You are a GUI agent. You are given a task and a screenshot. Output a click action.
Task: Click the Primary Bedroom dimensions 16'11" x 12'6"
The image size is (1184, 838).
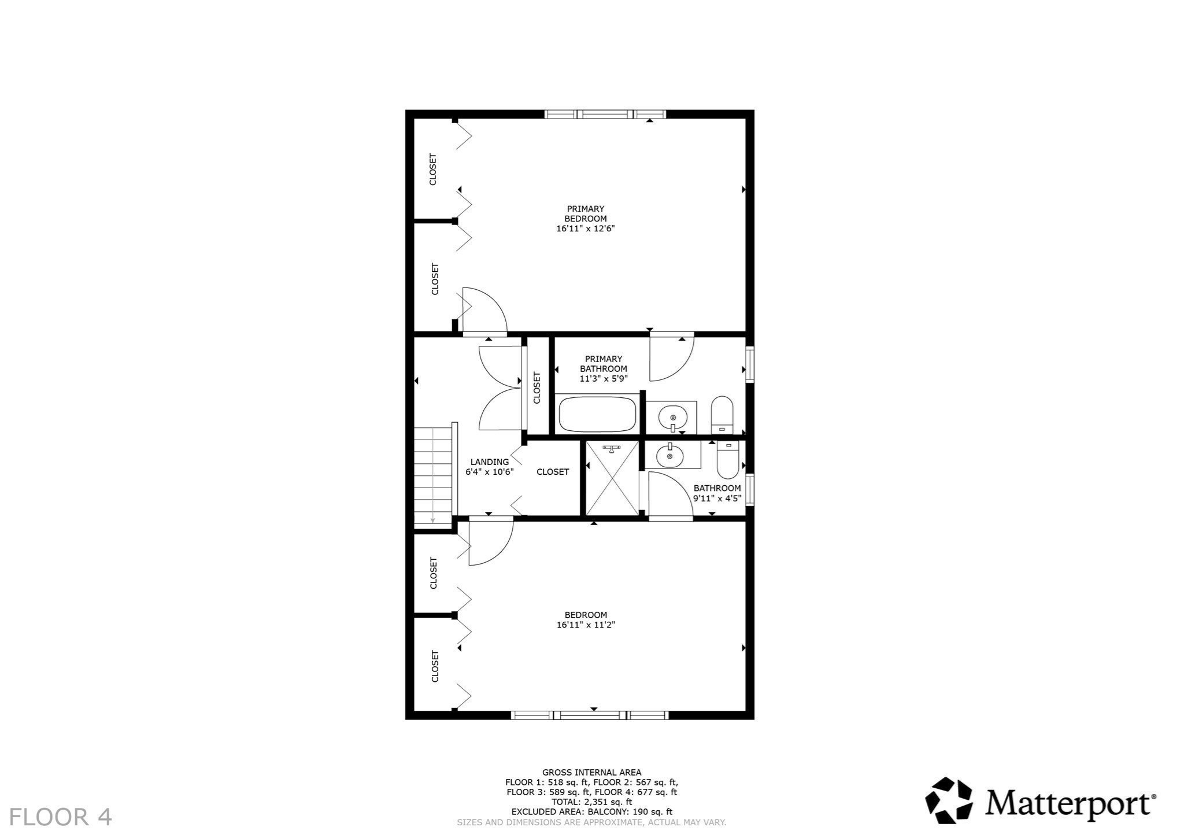585,228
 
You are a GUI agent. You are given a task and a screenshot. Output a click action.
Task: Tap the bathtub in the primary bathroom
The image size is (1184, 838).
597,414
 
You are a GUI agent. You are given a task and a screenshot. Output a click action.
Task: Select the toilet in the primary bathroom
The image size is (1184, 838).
721,415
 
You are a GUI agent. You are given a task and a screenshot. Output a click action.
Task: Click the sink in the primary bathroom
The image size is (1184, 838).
672,416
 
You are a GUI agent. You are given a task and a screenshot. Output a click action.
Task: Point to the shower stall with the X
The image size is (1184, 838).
612,478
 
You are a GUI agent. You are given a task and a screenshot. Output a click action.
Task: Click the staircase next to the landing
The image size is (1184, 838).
432,475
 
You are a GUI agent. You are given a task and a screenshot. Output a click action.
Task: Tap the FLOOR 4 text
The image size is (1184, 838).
60,817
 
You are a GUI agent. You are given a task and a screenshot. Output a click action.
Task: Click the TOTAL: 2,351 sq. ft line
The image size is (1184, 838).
591,802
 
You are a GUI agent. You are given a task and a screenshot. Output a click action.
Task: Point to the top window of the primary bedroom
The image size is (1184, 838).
605,114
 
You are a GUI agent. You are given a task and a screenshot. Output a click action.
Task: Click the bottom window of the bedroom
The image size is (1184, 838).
590,715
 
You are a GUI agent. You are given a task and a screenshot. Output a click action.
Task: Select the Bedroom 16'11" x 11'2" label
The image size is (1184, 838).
585,619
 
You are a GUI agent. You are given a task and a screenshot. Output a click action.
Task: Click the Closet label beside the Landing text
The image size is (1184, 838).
552,472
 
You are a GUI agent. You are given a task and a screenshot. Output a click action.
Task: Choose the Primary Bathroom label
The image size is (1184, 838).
603,368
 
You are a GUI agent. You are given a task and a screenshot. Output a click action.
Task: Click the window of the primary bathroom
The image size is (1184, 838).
750,364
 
